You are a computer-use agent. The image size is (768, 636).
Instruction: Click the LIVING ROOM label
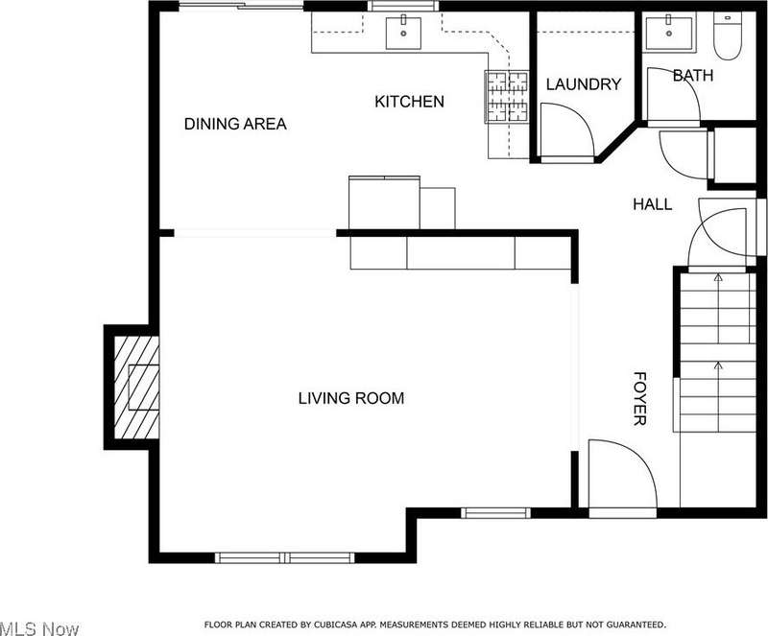(x=351, y=398)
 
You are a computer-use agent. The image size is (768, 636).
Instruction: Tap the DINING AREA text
(x=235, y=124)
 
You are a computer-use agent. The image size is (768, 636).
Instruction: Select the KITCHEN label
(x=410, y=102)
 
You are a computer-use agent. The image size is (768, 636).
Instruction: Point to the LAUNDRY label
(x=584, y=84)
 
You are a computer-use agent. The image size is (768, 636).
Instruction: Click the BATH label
(x=692, y=76)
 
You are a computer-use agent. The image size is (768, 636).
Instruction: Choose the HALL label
(x=653, y=204)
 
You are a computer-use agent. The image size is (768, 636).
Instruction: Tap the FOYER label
(x=639, y=398)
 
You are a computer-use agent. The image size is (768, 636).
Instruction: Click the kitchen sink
(x=403, y=33)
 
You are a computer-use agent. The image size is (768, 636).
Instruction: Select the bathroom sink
(x=669, y=33)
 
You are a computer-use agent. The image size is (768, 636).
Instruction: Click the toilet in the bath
(x=728, y=35)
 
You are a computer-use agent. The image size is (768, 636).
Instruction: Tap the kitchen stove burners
(x=507, y=96)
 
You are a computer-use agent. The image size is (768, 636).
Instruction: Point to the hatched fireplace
(x=136, y=388)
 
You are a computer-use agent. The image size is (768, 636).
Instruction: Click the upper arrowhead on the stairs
(x=718, y=277)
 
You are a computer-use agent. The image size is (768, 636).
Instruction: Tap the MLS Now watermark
(x=39, y=628)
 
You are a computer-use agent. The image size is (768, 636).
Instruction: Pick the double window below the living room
(x=284, y=557)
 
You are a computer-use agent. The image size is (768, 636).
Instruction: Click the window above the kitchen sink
(x=403, y=6)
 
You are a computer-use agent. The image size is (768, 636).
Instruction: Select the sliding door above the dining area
(x=241, y=6)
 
